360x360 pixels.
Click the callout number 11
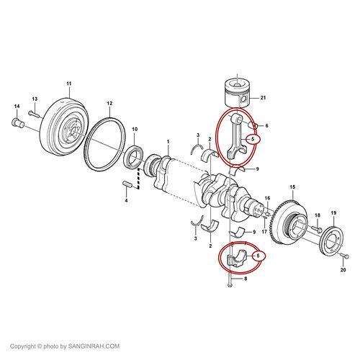pos(69,84)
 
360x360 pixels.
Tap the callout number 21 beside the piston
pos(264,98)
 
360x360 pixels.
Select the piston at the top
pos(237,93)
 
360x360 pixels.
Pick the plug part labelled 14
pos(17,123)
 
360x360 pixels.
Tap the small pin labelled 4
pos(127,185)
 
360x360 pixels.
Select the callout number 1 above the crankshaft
pos(168,142)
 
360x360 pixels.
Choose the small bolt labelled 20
pos(344,256)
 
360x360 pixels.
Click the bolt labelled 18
pos(316,230)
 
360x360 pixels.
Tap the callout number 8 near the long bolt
pos(246,279)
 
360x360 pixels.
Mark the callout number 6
pos(266,125)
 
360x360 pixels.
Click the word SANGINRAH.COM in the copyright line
pos(94,346)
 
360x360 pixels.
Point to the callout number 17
pos(264,232)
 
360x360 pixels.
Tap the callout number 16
pos(267,198)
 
